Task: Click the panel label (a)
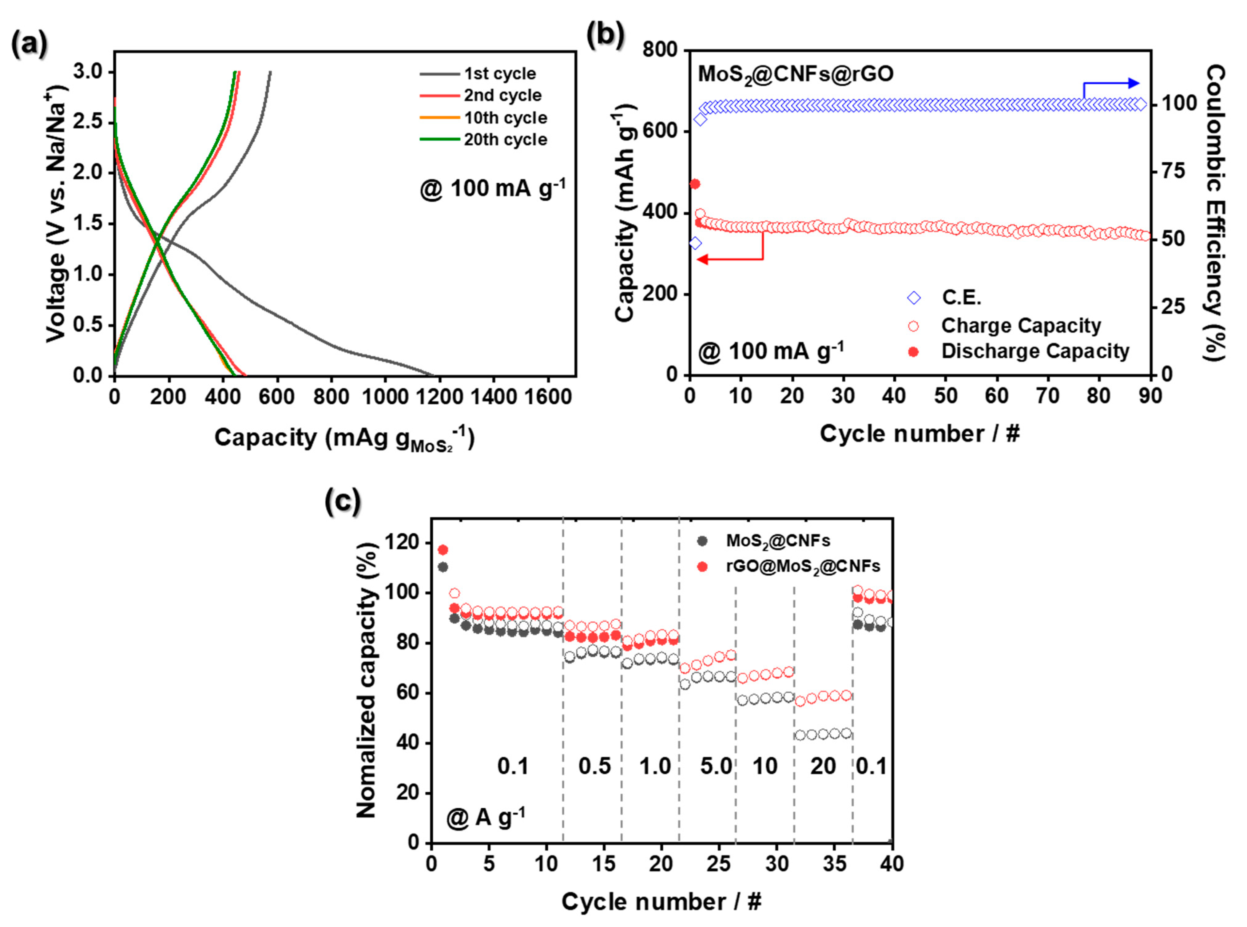29,44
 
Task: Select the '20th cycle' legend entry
505,139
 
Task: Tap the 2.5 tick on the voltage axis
88,122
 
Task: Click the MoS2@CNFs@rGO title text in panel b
795,73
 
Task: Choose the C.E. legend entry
961,297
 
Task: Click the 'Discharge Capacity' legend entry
1034,351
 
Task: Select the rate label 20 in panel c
823,766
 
